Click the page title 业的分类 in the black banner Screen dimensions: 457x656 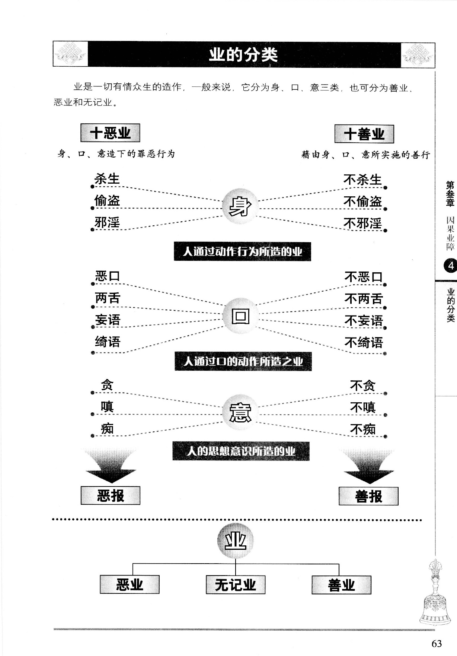[x=243, y=55]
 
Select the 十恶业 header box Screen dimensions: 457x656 [x=110, y=133]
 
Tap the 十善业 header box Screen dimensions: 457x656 [x=364, y=134]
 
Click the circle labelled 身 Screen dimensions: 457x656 [x=240, y=206]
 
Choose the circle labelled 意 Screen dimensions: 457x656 [x=240, y=412]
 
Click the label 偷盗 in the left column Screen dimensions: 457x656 [x=107, y=200]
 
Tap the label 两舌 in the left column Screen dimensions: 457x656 [x=108, y=298]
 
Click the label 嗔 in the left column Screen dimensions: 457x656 [x=107, y=406]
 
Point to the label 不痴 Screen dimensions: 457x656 [x=363, y=429]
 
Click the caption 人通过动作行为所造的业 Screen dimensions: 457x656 [x=242, y=252]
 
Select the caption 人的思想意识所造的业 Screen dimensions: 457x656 [x=241, y=451]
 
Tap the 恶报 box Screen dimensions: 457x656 [x=111, y=495]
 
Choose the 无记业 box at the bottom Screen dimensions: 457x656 [x=236, y=584]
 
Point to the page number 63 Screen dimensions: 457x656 [x=437, y=643]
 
